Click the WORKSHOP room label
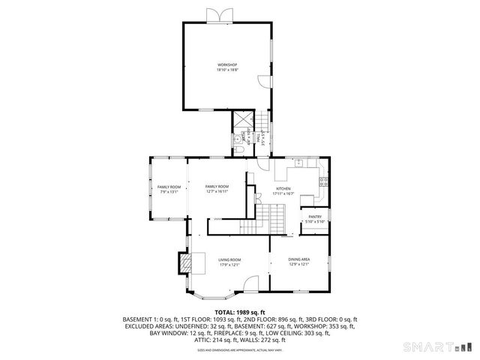(x=227, y=64)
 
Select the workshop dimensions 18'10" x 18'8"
(x=227, y=70)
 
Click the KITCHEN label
(x=283, y=188)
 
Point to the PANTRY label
(x=315, y=217)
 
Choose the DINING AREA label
(x=299, y=259)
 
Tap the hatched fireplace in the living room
(x=184, y=262)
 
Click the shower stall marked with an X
(x=243, y=118)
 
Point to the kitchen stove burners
(x=323, y=181)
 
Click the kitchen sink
(x=298, y=162)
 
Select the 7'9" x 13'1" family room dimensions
(x=169, y=192)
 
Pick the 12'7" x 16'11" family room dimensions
(x=217, y=192)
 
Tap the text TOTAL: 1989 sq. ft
(x=240, y=311)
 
